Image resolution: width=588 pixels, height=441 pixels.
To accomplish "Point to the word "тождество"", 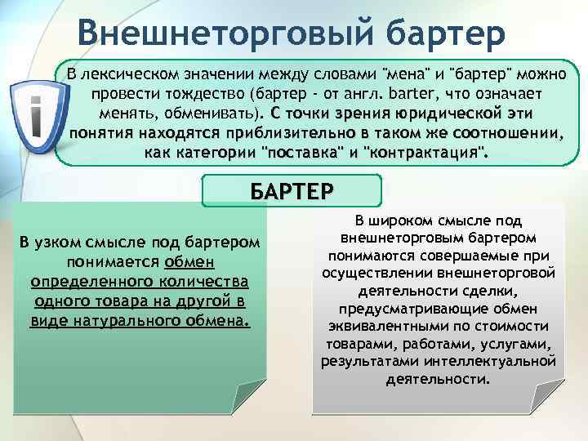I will (207, 92).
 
